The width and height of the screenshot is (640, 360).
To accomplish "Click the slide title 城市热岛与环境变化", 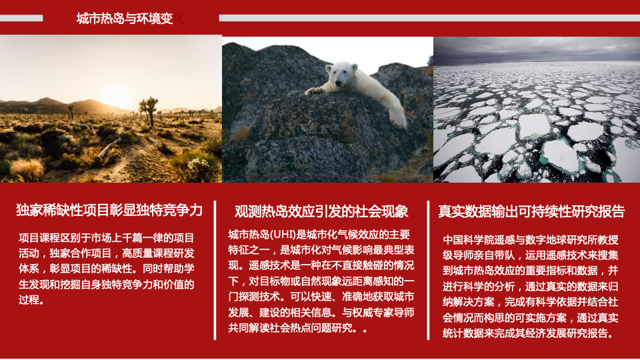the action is (130, 19).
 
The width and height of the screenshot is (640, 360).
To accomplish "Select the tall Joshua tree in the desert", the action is (150, 111).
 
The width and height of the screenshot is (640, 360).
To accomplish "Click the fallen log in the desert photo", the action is (109, 148).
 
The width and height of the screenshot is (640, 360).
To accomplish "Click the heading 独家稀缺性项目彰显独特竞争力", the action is (109, 210).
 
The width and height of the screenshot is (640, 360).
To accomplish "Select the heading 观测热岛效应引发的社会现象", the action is (321, 211).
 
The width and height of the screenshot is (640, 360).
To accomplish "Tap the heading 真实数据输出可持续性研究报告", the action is (531, 211).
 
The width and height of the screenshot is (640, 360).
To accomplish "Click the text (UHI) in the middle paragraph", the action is (281, 235).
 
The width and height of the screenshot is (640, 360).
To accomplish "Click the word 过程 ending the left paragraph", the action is (29, 300).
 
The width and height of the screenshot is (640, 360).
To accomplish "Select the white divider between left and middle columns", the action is (215, 270).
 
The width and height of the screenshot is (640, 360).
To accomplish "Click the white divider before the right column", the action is (428, 270).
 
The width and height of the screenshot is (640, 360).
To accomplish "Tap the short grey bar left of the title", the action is (21, 18).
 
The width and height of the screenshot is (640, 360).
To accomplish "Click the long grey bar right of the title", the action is (429, 18).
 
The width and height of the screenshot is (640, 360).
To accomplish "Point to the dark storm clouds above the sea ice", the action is (536, 49).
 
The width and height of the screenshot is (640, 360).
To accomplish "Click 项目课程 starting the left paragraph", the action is (39, 238).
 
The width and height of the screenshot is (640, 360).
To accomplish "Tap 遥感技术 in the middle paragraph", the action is (269, 265).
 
